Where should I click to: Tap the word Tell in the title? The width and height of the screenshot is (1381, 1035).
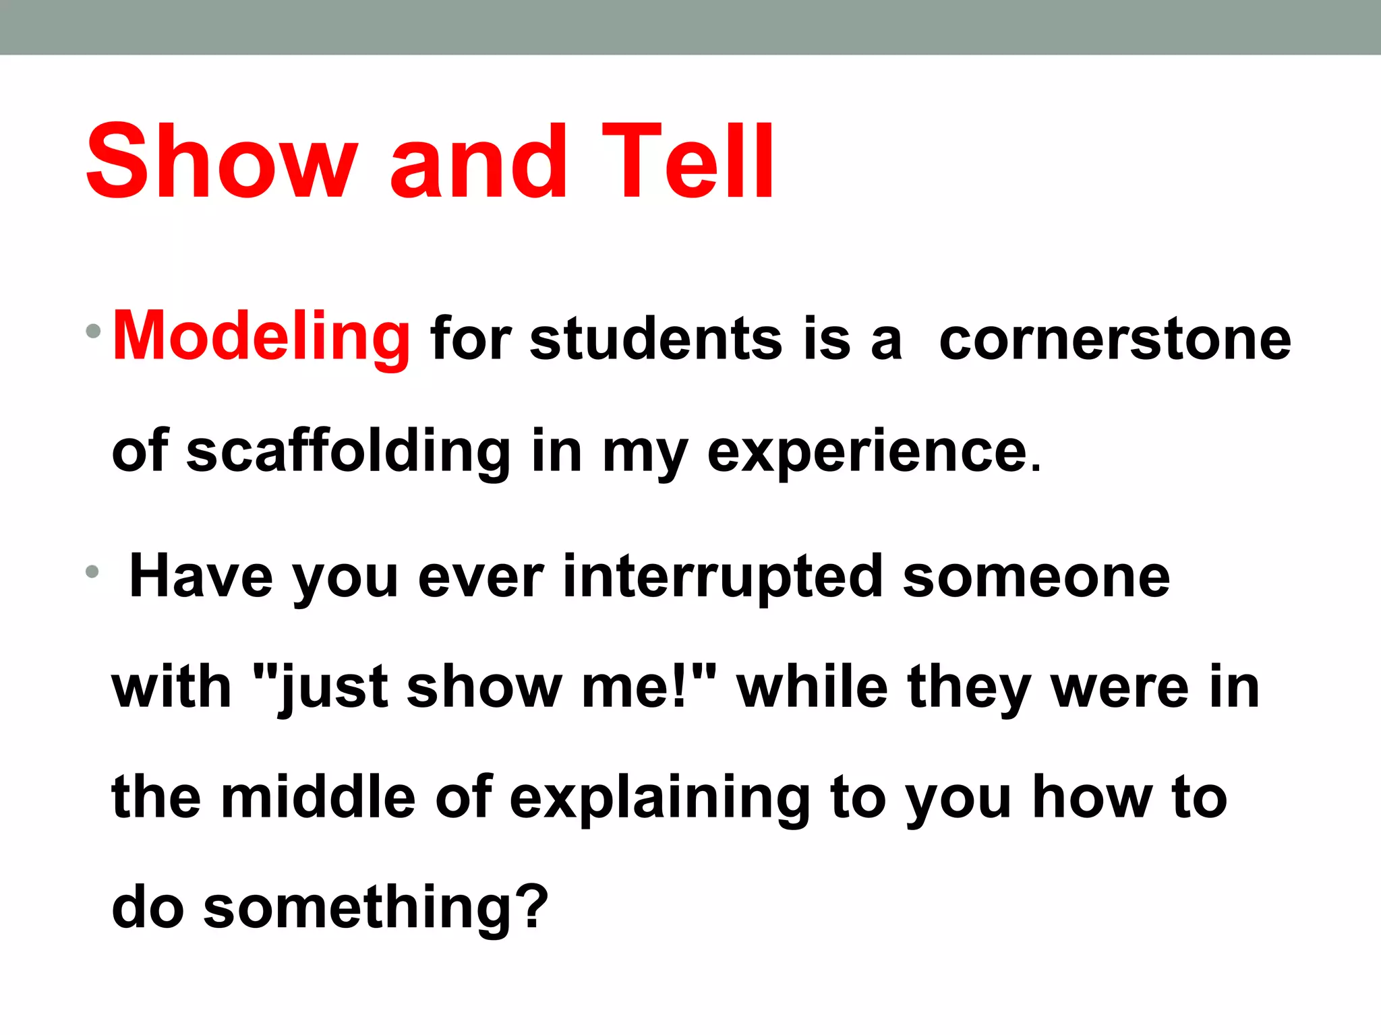(688, 162)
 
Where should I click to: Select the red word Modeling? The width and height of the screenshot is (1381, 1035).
(261, 337)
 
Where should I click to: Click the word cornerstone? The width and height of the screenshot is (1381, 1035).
(1115, 339)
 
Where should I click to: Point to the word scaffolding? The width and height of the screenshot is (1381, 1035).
(348, 451)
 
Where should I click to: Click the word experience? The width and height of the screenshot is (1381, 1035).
(874, 453)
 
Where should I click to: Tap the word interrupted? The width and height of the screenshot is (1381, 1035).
(722, 577)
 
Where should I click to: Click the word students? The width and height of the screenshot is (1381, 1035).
(656, 339)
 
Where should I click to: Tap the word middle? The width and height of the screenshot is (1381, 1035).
(318, 798)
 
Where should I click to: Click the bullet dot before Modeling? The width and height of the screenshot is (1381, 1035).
(94, 331)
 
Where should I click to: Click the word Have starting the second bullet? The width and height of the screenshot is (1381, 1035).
(201, 577)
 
